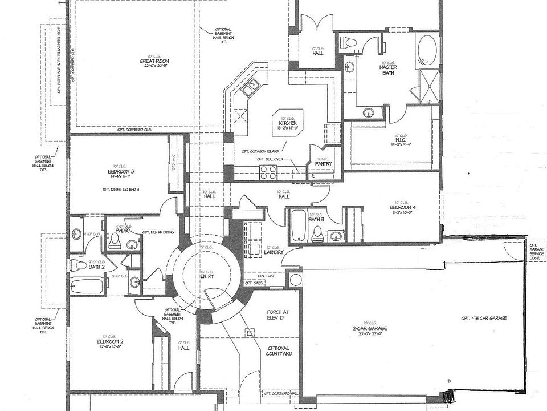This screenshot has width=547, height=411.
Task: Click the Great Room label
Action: click(x=154, y=61)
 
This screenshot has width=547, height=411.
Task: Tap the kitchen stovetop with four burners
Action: click(x=268, y=171)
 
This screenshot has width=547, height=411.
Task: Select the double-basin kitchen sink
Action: click(x=250, y=88)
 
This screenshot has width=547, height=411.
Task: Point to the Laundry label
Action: click(x=273, y=252)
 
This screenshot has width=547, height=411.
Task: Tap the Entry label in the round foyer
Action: click(x=206, y=276)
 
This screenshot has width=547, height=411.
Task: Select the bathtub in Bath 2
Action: click(x=86, y=285)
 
